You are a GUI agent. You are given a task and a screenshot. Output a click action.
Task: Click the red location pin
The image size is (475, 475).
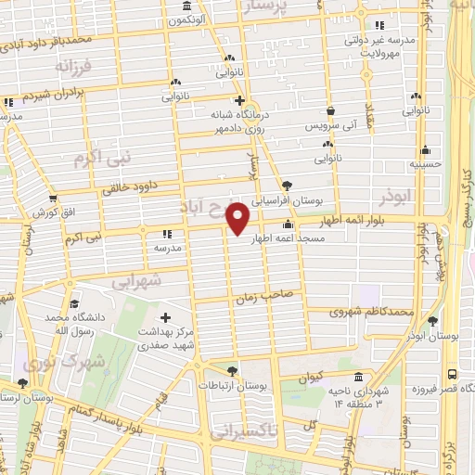[x=238, y=219]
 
